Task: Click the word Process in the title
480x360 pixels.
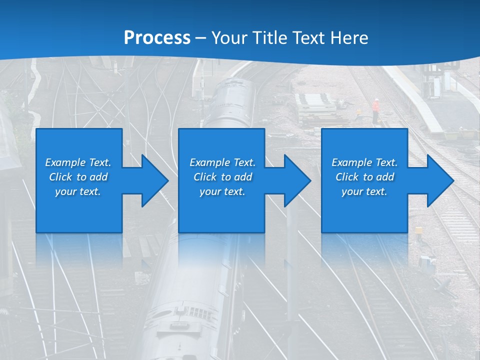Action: pos(157,38)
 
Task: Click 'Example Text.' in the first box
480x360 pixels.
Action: pos(78,162)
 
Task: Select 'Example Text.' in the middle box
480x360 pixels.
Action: pos(222,162)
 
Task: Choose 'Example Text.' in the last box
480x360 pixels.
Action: pos(364,162)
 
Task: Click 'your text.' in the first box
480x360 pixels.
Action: pos(78,191)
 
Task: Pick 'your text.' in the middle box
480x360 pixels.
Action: pos(222,191)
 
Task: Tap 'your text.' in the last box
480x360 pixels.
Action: pos(364,191)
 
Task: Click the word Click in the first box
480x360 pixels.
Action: pos(60,177)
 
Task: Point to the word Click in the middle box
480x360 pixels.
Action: pos(205,177)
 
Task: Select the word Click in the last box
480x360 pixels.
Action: pos(347,177)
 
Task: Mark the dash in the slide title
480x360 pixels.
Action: pos(200,38)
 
